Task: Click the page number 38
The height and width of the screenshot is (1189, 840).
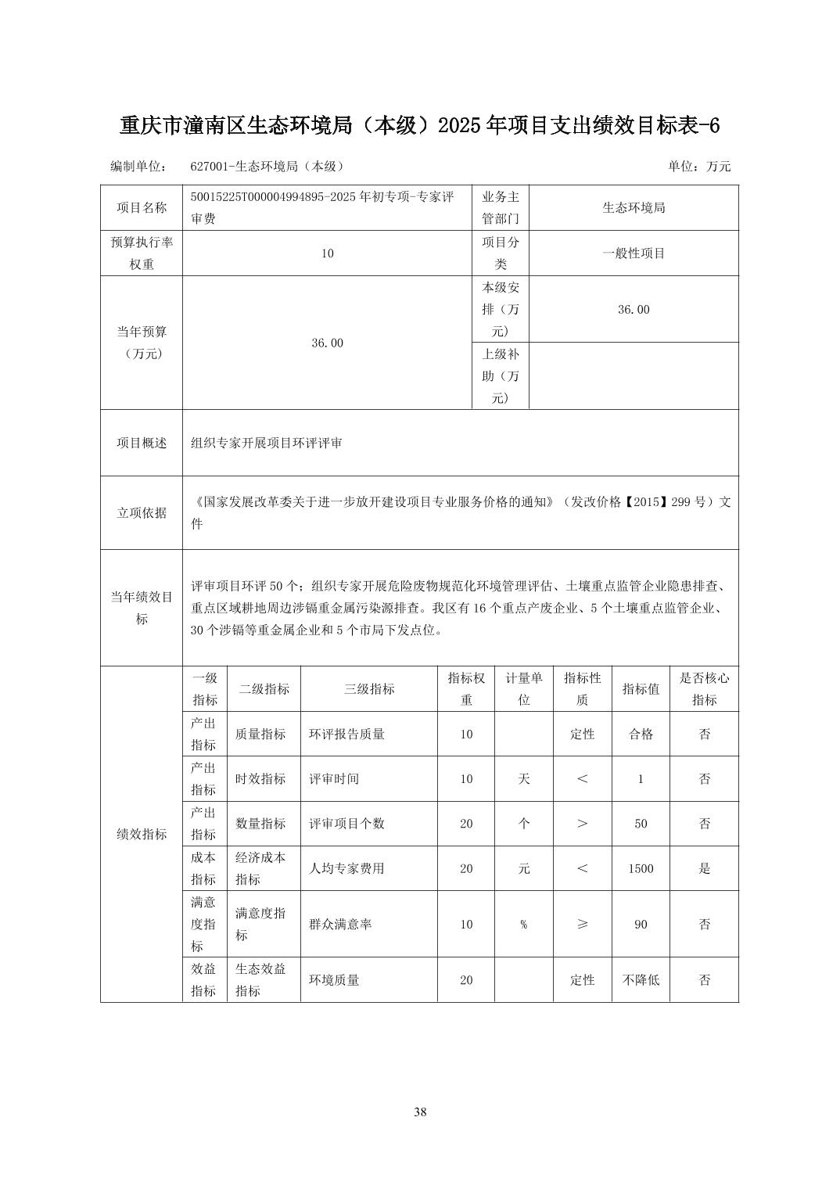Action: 420,1112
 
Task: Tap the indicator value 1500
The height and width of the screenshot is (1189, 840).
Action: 641,868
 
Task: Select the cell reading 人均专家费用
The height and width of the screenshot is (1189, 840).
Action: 346,868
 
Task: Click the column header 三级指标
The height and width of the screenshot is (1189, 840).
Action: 369,689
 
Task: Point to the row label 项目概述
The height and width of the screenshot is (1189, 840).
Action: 142,443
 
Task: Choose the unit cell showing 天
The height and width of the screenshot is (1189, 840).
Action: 524,779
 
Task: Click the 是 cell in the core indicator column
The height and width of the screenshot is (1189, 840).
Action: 704,868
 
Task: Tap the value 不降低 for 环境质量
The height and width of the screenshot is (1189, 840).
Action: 641,980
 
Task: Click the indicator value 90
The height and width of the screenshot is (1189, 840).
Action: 641,925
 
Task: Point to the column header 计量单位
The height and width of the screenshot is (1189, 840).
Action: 524,689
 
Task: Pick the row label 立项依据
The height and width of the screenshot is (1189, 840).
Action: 142,513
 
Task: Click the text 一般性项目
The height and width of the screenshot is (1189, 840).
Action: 634,253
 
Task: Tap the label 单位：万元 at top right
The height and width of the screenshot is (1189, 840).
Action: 698,167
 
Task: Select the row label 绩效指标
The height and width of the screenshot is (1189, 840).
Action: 142,835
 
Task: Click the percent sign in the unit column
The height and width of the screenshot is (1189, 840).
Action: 524,925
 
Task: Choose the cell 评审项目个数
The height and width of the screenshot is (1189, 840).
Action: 346,824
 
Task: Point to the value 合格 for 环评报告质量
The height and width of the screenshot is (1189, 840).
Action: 641,735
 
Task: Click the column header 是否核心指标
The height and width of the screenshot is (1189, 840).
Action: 704,689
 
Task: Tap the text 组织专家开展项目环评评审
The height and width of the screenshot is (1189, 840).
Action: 267,443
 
